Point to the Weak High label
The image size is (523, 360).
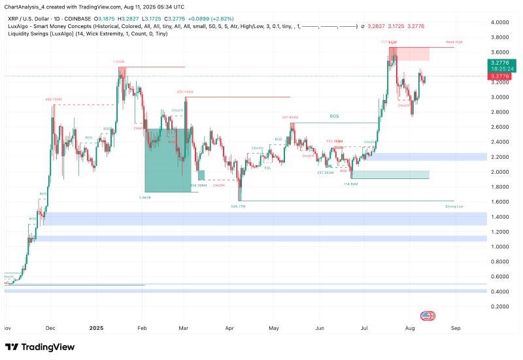click(454, 42)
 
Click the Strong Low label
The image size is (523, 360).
click(454, 206)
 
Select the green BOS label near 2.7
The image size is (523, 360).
click(334, 116)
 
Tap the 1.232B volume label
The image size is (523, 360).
click(118, 61)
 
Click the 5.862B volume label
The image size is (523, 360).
click(145, 197)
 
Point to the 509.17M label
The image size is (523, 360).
click(238, 206)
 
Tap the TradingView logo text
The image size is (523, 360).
click(42, 347)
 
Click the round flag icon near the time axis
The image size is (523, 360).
click(428, 316)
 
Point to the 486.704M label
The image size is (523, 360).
click(53, 99)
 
